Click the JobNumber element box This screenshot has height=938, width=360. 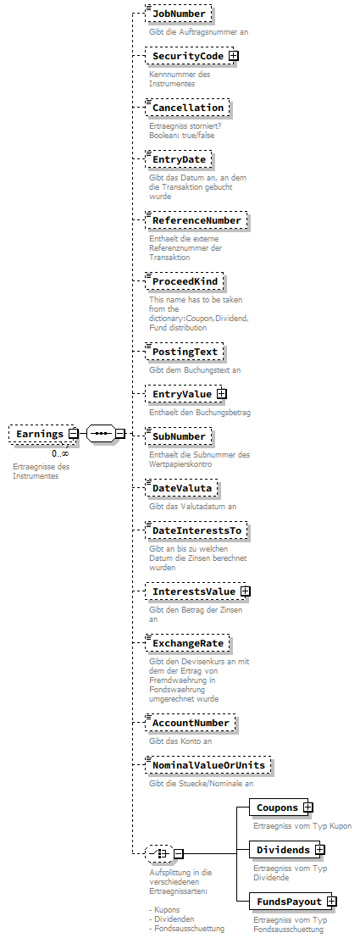point(178,14)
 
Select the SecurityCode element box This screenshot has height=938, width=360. point(186,56)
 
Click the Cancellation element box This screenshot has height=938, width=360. point(186,108)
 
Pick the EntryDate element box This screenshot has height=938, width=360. point(178,159)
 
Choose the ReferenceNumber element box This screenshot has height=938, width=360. point(196,220)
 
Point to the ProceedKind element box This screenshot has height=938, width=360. point(186,280)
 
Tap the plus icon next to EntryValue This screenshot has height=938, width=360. point(221,393)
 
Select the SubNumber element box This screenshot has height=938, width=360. point(178,436)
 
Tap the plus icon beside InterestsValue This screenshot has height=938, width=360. point(245,591)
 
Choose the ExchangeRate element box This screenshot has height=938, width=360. point(187,643)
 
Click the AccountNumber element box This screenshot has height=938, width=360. point(190,723)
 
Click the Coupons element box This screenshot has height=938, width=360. point(277,808)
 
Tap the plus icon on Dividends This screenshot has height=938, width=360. point(319,850)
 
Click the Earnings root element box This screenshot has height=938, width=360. point(40,434)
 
